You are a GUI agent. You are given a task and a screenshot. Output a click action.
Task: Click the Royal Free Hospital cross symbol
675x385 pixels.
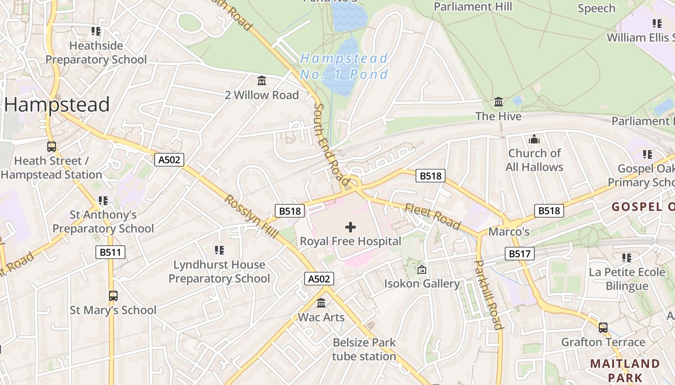point(351,227)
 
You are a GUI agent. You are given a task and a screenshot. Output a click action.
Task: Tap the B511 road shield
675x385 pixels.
point(110,252)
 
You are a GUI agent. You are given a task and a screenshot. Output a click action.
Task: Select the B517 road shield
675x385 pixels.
point(520,254)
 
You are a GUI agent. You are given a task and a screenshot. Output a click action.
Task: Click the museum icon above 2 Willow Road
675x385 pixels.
point(262,80)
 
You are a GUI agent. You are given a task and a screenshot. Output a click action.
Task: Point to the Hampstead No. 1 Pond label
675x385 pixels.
point(344,66)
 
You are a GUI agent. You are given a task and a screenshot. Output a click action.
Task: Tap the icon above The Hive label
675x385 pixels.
point(499,102)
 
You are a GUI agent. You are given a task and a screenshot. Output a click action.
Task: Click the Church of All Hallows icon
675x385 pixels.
point(534,140)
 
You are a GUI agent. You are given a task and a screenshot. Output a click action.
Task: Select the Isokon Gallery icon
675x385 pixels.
point(422,269)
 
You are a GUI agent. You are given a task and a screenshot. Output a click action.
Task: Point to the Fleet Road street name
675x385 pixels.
point(432,216)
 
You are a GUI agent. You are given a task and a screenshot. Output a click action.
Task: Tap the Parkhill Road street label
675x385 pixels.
point(489,295)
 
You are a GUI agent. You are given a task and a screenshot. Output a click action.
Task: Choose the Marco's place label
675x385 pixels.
point(509,232)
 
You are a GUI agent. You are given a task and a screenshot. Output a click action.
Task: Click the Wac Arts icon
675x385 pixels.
point(321,303)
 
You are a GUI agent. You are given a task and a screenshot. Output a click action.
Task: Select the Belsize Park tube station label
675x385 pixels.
point(364,349)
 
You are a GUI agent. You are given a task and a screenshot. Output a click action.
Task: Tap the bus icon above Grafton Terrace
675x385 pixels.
point(603,328)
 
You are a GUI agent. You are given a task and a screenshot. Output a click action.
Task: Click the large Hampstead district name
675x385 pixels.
point(57,104)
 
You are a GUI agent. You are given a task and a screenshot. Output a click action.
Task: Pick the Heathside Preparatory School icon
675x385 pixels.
point(96,31)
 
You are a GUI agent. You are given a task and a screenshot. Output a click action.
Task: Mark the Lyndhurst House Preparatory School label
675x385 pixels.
point(219,271)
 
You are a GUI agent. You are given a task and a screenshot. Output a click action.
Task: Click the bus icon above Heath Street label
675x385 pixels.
point(51,147)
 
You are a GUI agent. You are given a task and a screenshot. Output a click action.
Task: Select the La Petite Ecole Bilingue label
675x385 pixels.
point(627,279)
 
